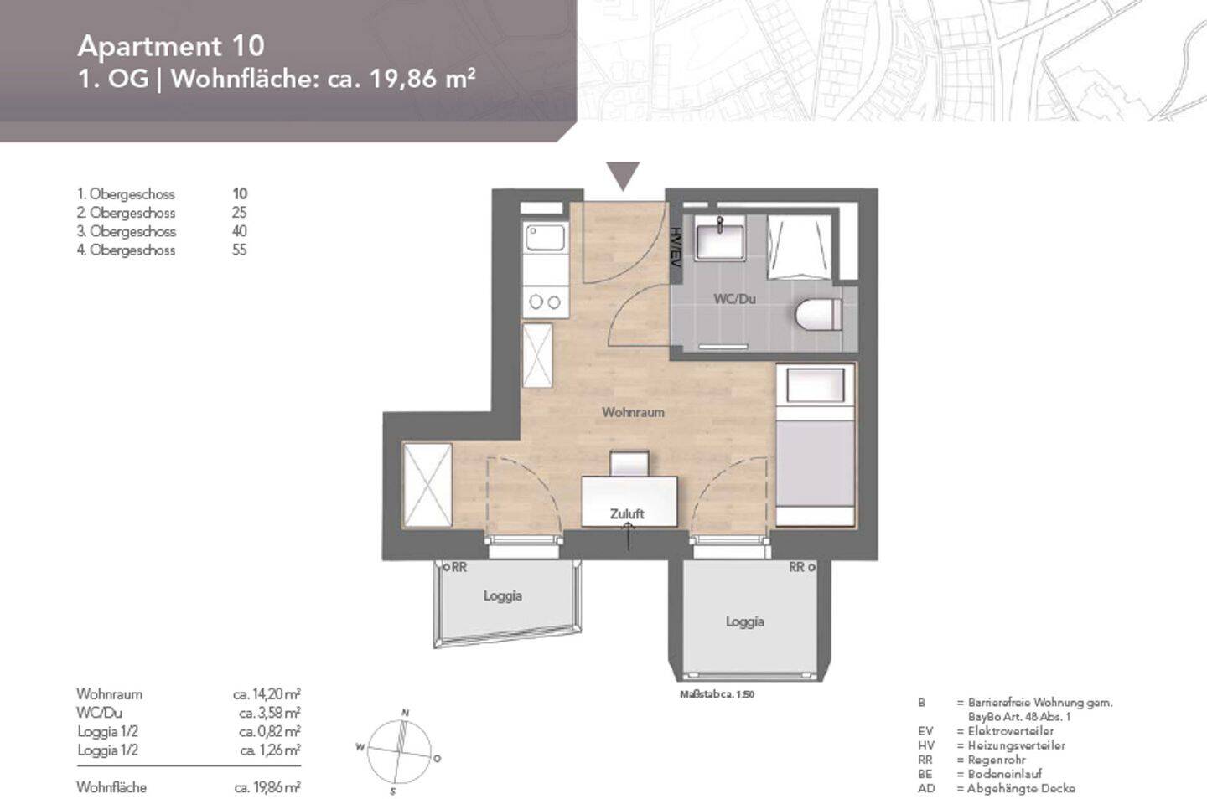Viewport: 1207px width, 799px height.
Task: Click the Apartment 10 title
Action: tap(170, 45)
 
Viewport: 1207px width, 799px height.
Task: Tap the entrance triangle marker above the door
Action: tap(623, 175)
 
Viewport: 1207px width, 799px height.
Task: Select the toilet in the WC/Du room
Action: tap(817, 315)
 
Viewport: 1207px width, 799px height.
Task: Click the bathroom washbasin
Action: tap(719, 238)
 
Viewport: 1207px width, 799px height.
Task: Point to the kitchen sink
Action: tap(545, 237)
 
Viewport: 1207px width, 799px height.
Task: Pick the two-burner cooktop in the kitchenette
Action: tap(545, 302)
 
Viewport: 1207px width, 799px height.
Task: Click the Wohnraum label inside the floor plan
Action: tap(633, 412)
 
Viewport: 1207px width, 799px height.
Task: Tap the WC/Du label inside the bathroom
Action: tap(734, 298)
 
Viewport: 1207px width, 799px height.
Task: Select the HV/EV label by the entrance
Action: tap(676, 247)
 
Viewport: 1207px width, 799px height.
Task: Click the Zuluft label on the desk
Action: tap(627, 513)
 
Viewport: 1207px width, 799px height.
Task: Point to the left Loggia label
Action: tap(502, 595)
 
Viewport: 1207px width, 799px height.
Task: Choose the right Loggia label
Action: tap(744, 621)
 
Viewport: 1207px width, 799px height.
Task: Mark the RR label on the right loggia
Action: tap(796, 567)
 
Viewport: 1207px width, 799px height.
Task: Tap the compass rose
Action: tap(399, 751)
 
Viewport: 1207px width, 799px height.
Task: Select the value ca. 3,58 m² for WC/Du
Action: tap(269, 713)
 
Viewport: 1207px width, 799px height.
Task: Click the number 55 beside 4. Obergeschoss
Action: tap(239, 250)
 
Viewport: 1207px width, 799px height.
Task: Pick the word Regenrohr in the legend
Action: tap(997, 760)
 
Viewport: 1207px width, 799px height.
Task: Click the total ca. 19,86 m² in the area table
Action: tap(267, 787)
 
